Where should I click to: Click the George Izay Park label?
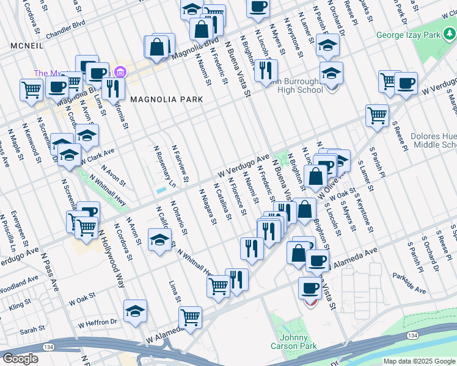click(x=409, y=35)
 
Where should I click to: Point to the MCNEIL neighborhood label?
click(x=25, y=46)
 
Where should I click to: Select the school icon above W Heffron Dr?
click(x=135, y=310)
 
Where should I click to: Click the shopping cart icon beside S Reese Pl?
click(x=378, y=114)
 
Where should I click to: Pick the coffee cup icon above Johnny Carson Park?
click(x=310, y=287)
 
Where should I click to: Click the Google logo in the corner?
click(x=20, y=359)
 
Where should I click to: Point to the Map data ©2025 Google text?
click(x=419, y=361)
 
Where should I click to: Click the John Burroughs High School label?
click(x=297, y=85)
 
